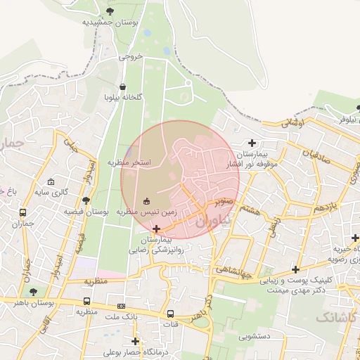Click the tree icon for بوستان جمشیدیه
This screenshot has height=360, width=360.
[x=110, y=11]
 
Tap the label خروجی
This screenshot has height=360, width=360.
[x=130, y=56]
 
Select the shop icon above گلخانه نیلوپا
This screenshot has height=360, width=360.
[x=124, y=86]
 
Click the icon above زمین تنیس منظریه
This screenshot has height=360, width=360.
[x=146, y=200]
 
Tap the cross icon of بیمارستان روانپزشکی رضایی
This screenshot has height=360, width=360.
[x=156, y=229]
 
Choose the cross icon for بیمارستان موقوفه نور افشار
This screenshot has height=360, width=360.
[x=252, y=143]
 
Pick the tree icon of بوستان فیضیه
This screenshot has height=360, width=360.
[x=86, y=200]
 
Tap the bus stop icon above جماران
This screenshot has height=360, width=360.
[x=23, y=212]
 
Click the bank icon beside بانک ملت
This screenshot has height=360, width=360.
[x=121, y=306]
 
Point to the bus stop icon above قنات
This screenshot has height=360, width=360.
[x=171, y=314]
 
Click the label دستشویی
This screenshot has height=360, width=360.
[x=255, y=337]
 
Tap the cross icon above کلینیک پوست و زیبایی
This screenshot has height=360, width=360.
[x=296, y=269]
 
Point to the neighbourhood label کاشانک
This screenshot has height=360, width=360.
[x=337, y=317]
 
